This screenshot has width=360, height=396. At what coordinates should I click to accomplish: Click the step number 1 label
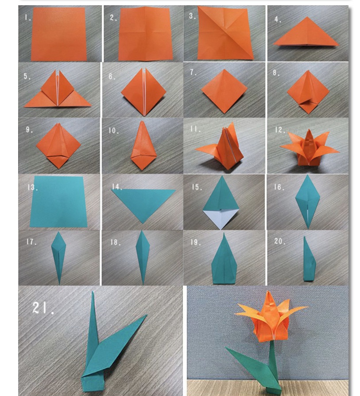pyautogui.click(x=27, y=17)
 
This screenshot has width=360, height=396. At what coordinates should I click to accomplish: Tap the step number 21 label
pyautogui.click(x=43, y=308)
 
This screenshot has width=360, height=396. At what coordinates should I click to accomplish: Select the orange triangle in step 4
pyautogui.click(x=306, y=31)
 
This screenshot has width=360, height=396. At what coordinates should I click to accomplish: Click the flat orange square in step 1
pyautogui.click(x=58, y=34)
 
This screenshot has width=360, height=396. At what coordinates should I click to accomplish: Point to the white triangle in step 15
pyautogui.click(x=221, y=218)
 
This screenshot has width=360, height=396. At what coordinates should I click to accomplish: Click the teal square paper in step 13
pyautogui.click(x=58, y=202)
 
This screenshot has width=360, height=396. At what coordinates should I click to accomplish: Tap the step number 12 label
pyautogui.click(x=280, y=130)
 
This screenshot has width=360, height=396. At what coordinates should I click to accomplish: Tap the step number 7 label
pyautogui.click(x=194, y=73)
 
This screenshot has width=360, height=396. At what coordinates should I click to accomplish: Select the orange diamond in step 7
pyautogui.click(x=224, y=91)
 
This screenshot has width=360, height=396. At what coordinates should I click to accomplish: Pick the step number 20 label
pyautogui.click(x=280, y=241)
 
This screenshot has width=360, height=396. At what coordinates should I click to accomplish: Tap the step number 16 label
pyautogui.click(x=279, y=187)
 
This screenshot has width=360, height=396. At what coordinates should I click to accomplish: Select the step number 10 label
pyautogui.click(x=113, y=131)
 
